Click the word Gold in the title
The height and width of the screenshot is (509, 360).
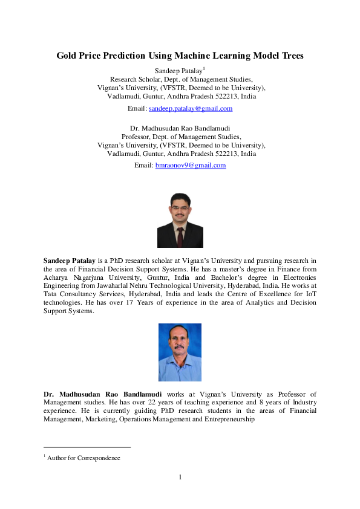(67, 56)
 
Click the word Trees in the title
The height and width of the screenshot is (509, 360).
(290, 56)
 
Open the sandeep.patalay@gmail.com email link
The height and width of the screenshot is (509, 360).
(191, 108)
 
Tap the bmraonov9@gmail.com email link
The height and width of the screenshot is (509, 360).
(191, 165)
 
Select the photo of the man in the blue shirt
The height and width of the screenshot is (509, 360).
(180, 352)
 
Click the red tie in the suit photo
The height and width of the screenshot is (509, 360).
(180, 233)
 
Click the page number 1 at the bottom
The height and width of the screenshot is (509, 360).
(180, 478)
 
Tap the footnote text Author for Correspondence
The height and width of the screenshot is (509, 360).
(84, 458)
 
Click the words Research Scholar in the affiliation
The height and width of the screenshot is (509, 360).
(136, 79)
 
